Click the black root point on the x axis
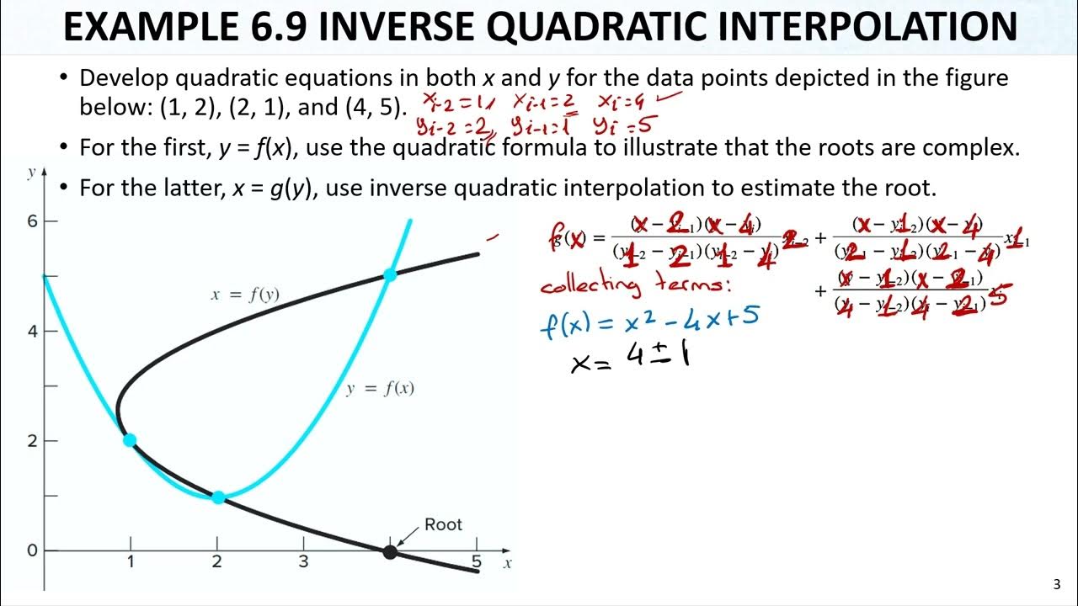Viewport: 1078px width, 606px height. coord(389,552)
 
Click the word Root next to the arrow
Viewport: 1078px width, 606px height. coord(443,524)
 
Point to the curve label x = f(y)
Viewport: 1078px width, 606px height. coord(244,295)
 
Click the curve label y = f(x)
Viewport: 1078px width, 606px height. coord(380,388)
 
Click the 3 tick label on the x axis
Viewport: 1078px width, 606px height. coord(303,561)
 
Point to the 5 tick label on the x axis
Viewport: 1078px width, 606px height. coord(477,561)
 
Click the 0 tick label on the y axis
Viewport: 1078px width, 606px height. coord(32,550)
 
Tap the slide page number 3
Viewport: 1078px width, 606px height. coord(1058,585)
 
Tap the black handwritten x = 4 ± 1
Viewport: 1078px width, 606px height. coord(631,361)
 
